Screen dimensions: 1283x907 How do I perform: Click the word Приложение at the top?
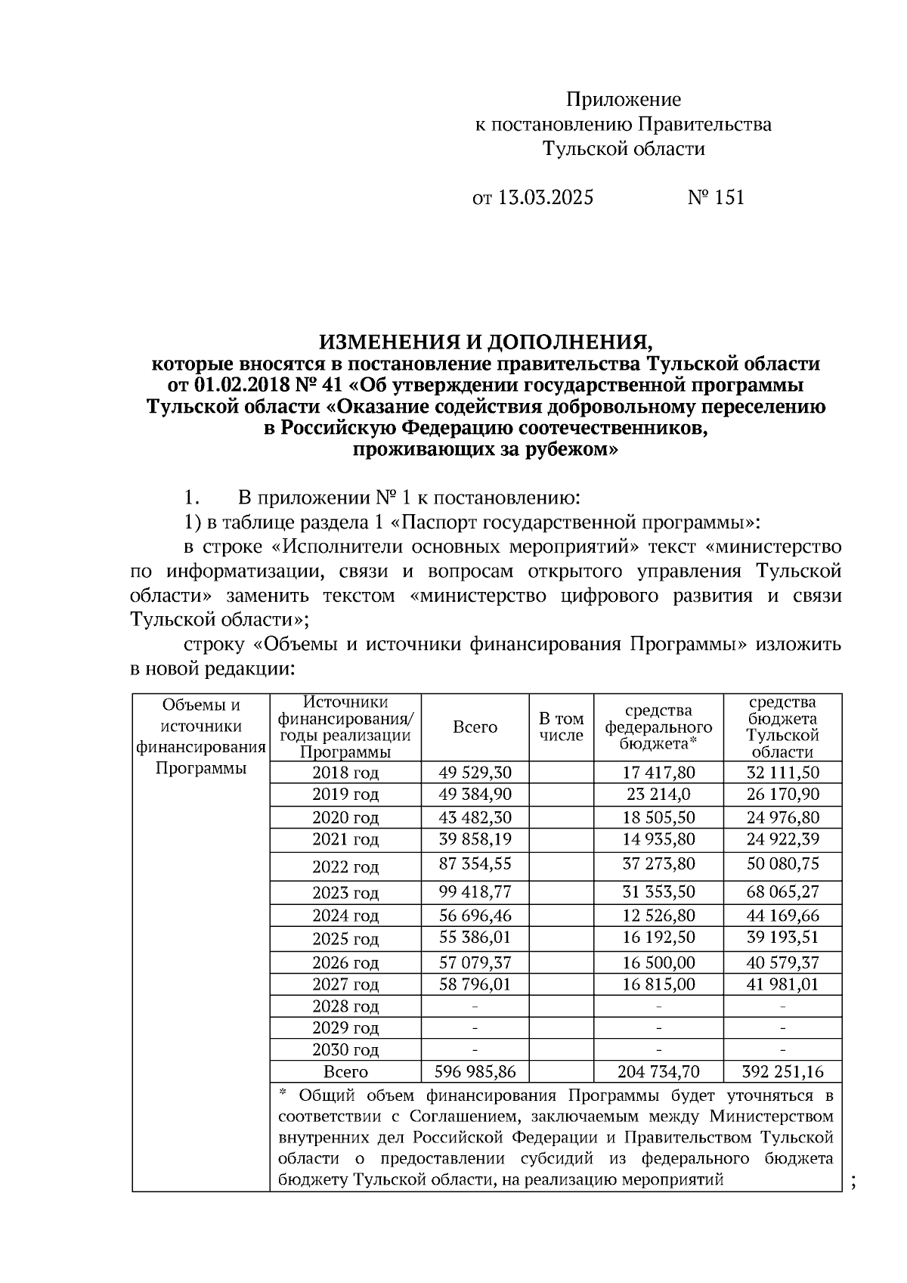pyautogui.click(x=624, y=100)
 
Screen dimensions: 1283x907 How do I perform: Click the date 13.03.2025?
pyautogui.click(x=545, y=198)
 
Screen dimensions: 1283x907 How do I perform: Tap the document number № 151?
pyautogui.click(x=716, y=198)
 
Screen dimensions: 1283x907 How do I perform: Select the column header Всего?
pyautogui.click(x=475, y=727)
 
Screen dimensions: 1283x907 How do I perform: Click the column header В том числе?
pyautogui.click(x=561, y=727)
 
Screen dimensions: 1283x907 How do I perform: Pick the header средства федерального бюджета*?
pyautogui.click(x=658, y=727)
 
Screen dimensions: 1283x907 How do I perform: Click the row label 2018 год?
pyautogui.click(x=345, y=773)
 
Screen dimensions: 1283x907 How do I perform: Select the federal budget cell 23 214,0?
pyautogui.click(x=658, y=795)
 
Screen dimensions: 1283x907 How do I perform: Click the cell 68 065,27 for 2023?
pyautogui.click(x=782, y=892)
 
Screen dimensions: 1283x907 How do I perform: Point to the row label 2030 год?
pyautogui.click(x=345, y=1050)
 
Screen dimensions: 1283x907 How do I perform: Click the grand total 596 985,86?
pyautogui.click(x=475, y=1072)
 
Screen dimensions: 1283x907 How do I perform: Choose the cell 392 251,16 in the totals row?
pyautogui.click(x=782, y=1072)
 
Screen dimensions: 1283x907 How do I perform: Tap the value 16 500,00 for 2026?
pyautogui.click(x=658, y=962)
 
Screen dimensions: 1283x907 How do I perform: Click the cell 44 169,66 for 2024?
pyautogui.click(x=782, y=916)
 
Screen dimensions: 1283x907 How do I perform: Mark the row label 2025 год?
pyautogui.click(x=345, y=939)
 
